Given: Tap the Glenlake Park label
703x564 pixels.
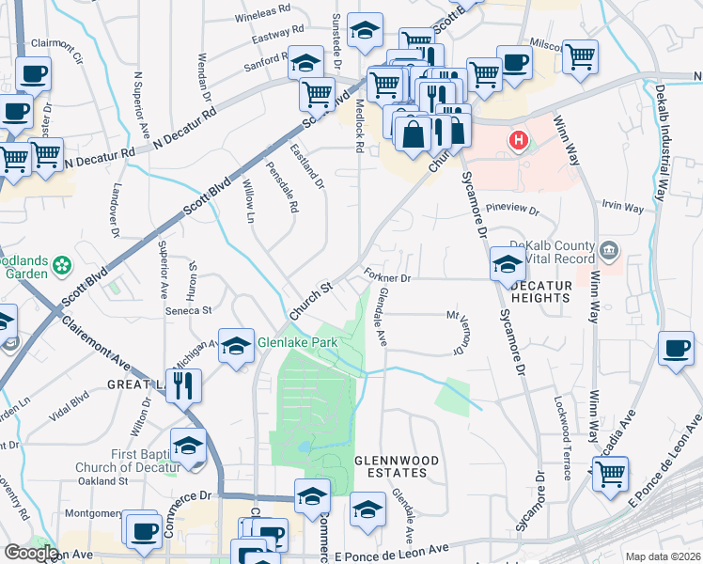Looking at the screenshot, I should [297, 343].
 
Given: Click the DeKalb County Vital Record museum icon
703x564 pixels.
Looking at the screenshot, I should [610, 250].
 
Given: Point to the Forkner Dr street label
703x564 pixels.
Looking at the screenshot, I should [388, 278].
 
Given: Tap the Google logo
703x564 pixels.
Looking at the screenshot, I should [31, 553].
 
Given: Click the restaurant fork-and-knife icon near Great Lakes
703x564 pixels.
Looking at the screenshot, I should [184, 385].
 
